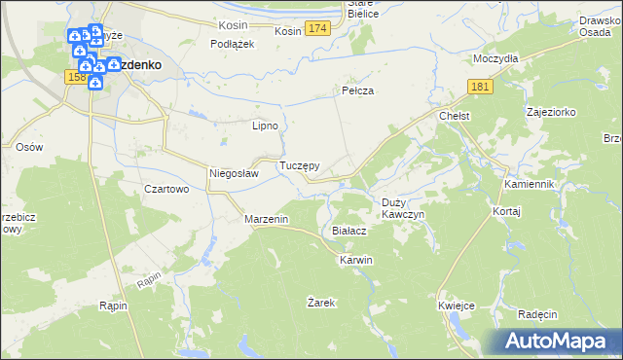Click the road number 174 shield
[315, 31]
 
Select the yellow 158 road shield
[75, 77]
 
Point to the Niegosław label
[234, 174]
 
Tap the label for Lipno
[266, 126]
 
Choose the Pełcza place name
[358, 90]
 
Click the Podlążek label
[233, 44]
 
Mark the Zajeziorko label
[550, 113]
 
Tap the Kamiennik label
[529, 184]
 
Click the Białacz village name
[348, 232]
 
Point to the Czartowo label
[165, 190]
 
